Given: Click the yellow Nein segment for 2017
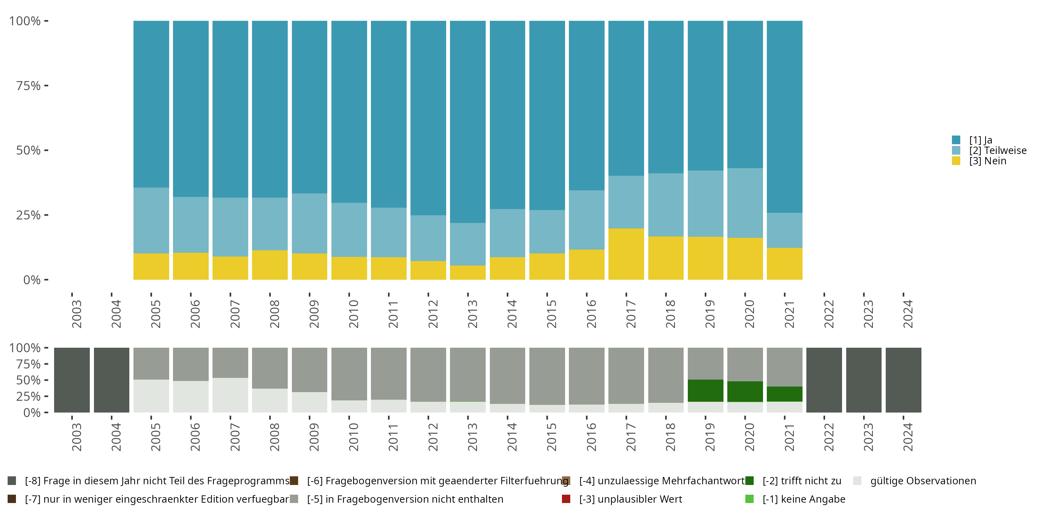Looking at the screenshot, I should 626,254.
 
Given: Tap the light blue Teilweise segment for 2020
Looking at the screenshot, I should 745,203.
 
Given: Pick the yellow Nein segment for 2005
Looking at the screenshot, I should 151,267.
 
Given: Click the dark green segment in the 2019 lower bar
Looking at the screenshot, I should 705,390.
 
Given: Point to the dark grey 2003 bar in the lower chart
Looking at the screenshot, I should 72,380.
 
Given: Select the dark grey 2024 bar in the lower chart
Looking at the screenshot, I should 903,380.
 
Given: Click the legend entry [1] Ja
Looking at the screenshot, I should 981,140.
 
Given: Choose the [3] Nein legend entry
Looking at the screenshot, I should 988,161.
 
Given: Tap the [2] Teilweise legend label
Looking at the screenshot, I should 998,150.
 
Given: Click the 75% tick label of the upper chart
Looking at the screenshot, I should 28,86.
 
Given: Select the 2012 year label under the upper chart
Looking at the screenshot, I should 432,314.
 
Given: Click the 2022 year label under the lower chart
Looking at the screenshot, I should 828,437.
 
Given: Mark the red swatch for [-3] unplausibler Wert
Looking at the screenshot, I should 566,499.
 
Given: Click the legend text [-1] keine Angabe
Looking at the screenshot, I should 804,499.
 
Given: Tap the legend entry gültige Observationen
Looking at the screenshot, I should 923,481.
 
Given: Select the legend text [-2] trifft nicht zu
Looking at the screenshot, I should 802,481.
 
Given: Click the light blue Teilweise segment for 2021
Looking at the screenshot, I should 785,230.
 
